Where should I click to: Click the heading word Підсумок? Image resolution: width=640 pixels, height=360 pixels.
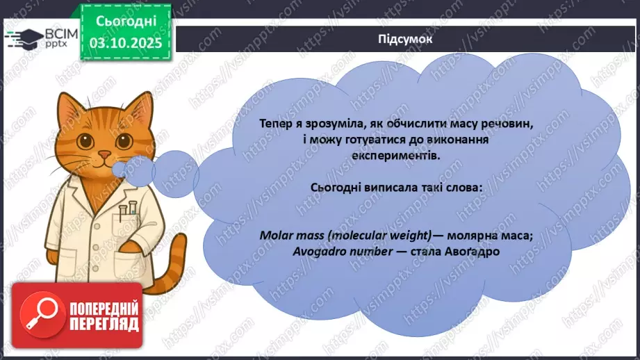(407, 40)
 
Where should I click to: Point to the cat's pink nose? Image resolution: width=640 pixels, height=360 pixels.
(104, 154)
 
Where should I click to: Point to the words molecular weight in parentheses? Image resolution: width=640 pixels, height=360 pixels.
(375, 235)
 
